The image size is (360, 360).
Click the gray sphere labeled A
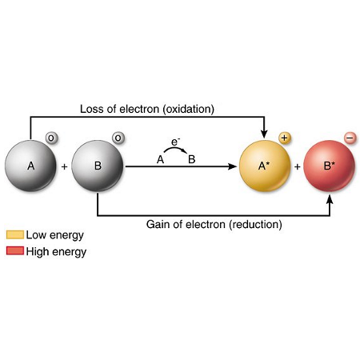(30, 166)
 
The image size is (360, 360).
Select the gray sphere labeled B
(98, 166)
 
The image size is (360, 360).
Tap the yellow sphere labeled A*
(265, 166)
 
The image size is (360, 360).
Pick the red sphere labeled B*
(330, 166)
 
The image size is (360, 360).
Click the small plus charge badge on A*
(285, 138)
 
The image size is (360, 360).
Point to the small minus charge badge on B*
(350, 138)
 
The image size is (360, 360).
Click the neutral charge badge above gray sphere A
(51, 138)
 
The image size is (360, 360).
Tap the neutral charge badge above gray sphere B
(118, 138)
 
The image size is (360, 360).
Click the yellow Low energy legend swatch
(15, 234)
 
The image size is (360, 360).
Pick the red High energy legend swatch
(15, 251)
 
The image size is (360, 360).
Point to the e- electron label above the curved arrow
(175, 142)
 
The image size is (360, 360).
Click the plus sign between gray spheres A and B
(64, 166)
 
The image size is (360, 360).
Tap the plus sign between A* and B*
(298, 166)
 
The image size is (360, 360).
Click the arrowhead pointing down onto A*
(264, 134)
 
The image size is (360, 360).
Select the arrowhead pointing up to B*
(330, 199)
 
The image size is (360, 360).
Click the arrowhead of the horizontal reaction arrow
(233, 166)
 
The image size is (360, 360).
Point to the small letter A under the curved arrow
(160, 160)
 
